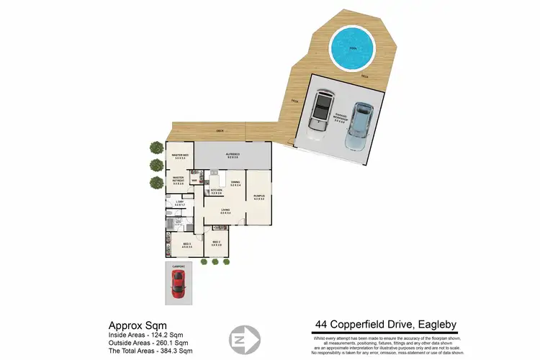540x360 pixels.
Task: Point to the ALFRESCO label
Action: tap(234, 156)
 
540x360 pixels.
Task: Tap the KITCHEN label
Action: tap(215, 191)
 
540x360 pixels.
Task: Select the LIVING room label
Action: tap(225, 210)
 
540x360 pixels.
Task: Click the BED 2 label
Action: tap(216, 243)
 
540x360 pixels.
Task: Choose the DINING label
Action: tap(235, 184)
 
